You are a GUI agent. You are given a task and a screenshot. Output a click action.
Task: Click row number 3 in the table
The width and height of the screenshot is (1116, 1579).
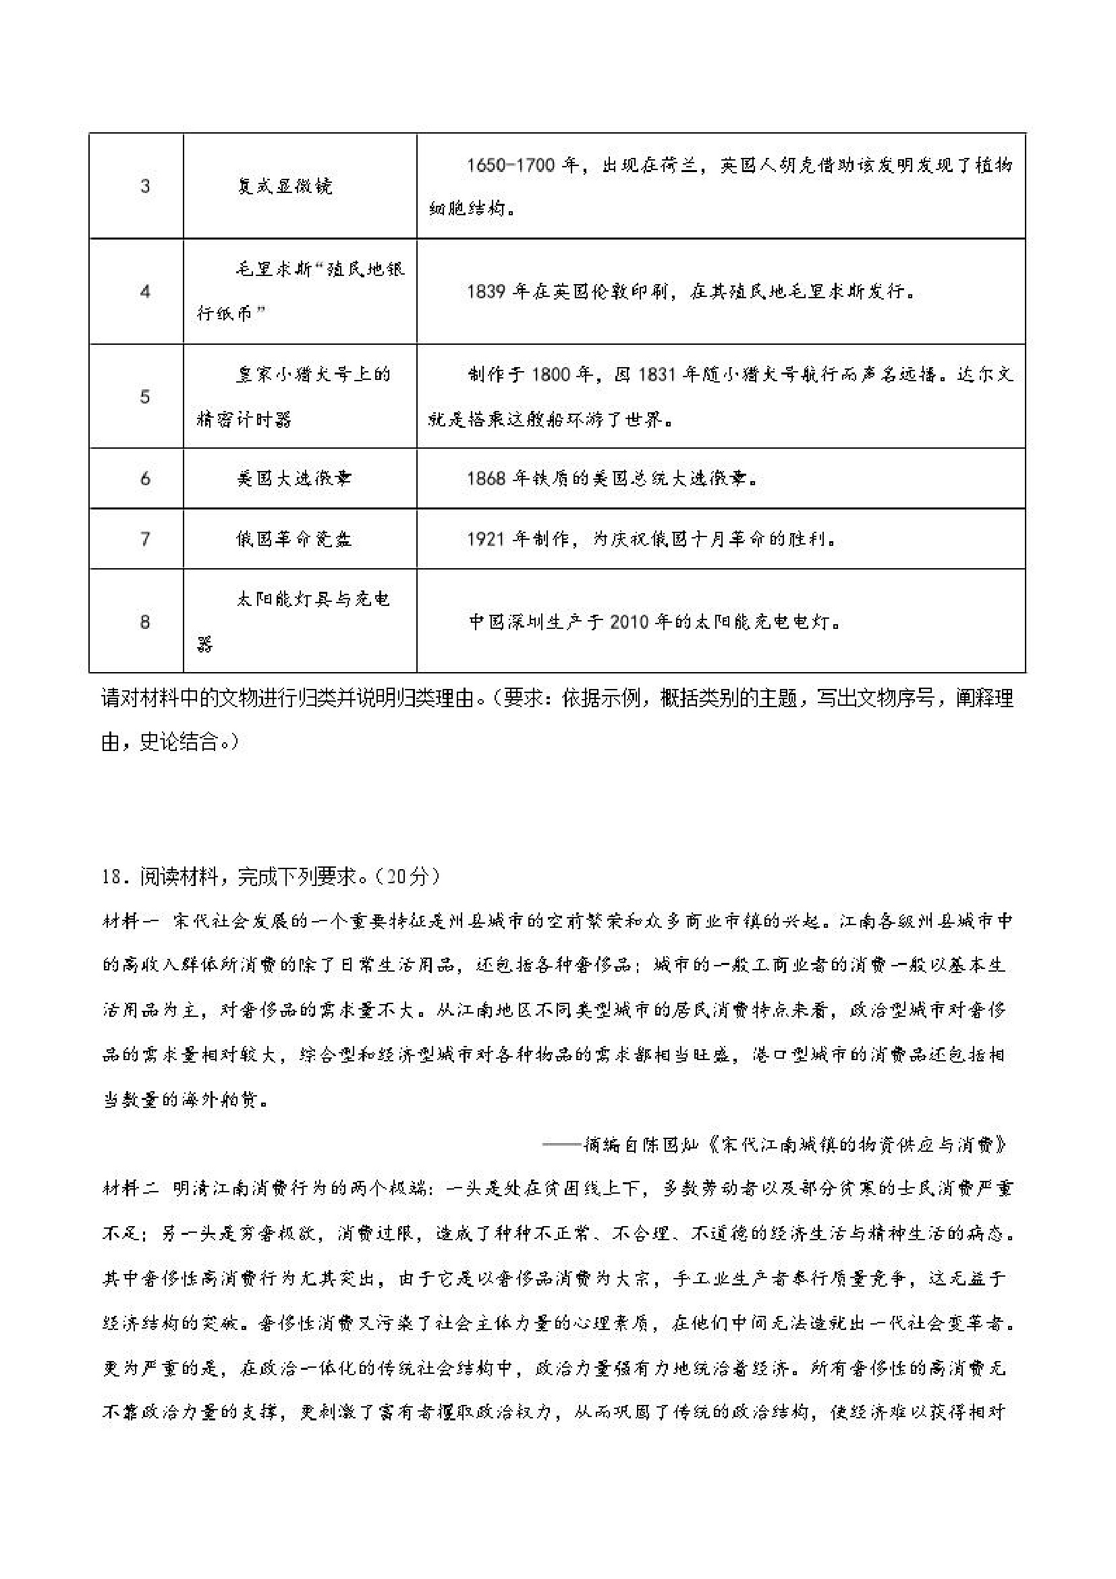145,186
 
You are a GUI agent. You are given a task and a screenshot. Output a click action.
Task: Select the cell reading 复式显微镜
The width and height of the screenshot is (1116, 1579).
285,186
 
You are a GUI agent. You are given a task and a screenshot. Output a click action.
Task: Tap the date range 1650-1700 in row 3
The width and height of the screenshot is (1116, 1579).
511,166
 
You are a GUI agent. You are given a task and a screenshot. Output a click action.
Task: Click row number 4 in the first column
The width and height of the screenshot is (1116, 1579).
145,292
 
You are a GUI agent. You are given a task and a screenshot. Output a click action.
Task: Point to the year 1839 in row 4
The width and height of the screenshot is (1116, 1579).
487,292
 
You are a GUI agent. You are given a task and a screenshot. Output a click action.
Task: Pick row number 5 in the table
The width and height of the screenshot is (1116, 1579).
145,396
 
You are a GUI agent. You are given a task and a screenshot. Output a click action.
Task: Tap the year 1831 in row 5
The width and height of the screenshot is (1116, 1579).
661,375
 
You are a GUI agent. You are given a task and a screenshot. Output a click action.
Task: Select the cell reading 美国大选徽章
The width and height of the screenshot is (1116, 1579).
294,478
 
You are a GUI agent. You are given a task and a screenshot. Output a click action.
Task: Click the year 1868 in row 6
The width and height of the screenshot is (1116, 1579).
487,478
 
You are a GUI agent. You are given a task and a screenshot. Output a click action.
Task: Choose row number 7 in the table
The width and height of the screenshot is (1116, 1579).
145,538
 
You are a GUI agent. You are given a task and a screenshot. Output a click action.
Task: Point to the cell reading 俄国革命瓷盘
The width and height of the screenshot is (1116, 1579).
294,538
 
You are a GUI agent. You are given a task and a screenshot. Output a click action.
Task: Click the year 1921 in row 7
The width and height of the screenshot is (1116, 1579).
487,538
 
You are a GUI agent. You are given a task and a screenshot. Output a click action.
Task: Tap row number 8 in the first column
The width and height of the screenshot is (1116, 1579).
145,621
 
